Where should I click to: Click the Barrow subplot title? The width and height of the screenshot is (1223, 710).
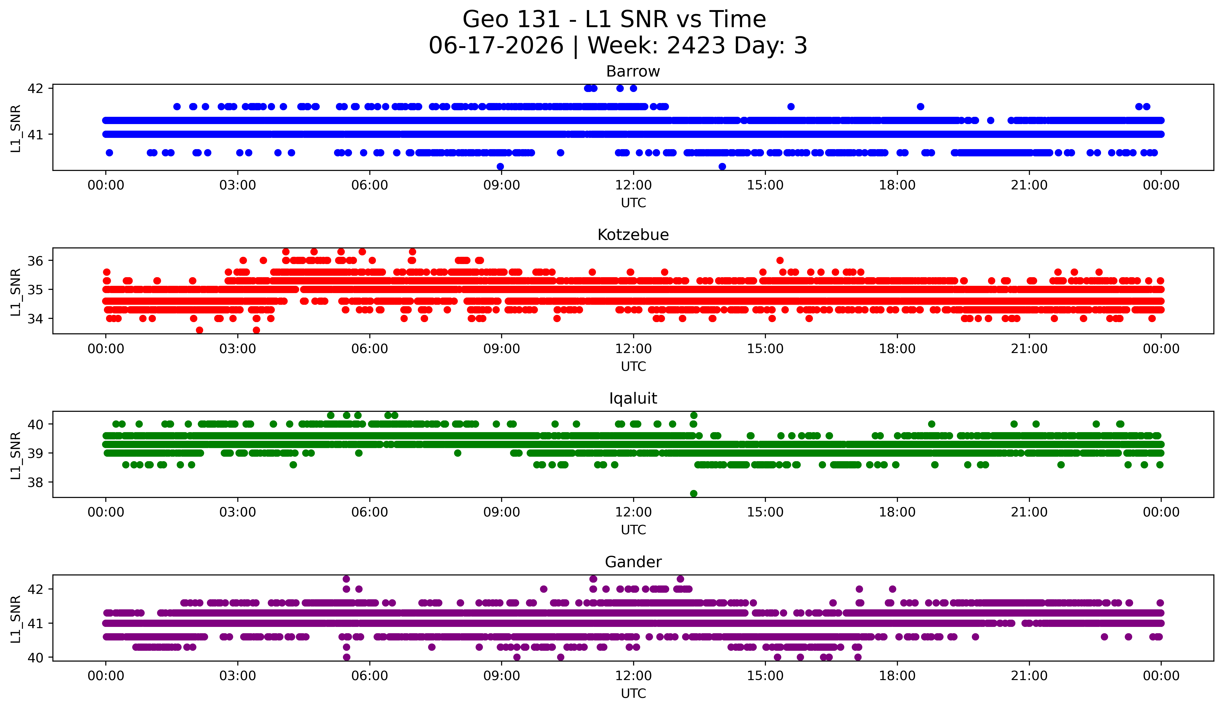click(x=633, y=71)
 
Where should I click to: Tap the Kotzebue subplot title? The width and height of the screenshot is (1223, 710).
click(x=633, y=235)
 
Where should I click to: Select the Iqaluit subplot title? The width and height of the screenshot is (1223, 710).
click(x=633, y=398)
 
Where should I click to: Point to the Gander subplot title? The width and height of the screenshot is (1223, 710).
click(x=633, y=562)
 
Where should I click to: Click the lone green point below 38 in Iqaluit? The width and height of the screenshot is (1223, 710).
click(x=694, y=493)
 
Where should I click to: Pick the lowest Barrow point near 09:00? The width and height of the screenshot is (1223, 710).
click(x=500, y=166)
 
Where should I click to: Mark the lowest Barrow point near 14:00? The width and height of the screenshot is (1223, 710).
click(x=722, y=166)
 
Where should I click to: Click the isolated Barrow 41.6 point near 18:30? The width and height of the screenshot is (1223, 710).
click(x=920, y=106)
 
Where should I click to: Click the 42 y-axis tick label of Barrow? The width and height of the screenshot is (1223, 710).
click(x=35, y=88)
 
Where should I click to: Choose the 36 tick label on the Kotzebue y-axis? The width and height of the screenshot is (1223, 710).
click(x=35, y=261)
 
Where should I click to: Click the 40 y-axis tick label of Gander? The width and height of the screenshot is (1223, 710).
click(x=35, y=658)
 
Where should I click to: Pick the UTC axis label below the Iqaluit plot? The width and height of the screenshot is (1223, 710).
click(x=633, y=530)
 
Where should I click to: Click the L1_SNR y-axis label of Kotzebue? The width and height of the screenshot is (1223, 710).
click(x=15, y=292)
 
